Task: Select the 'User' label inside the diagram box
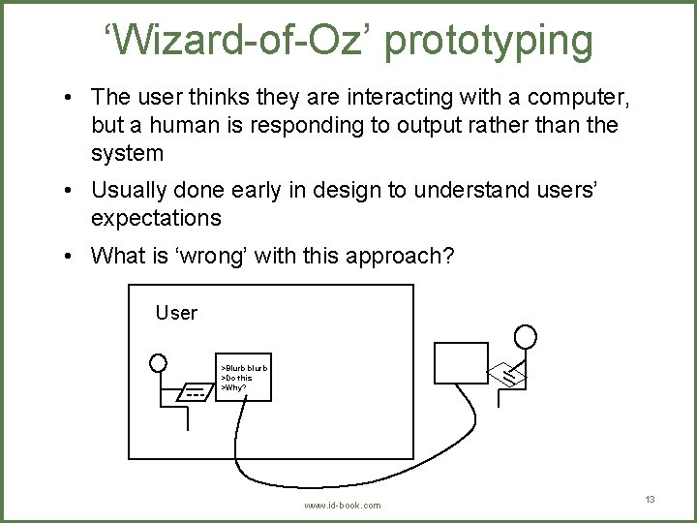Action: (176, 313)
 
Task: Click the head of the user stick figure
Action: (158, 363)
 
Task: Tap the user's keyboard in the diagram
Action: (195, 394)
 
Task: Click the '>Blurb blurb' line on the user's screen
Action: (244, 368)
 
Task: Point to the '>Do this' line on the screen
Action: (237, 378)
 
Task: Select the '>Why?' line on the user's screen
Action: (233, 387)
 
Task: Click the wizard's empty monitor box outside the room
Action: (461, 363)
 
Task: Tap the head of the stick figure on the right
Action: (526, 336)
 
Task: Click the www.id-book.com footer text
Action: (343, 506)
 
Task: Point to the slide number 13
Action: (650, 499)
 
